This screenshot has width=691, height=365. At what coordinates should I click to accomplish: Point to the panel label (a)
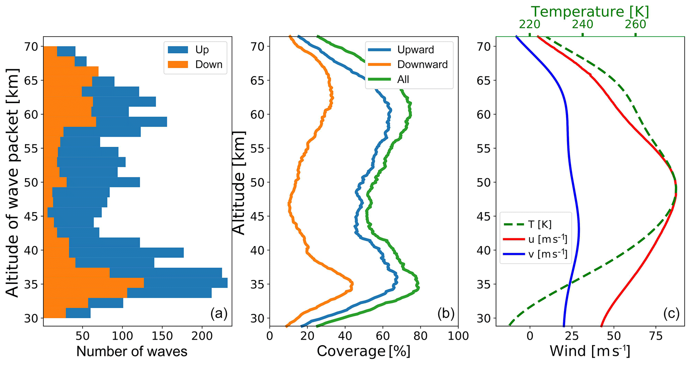coord(219,314)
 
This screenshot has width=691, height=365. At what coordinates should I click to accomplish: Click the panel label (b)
coord(446,314)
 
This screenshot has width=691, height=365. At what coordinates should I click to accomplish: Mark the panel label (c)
coord(671,314)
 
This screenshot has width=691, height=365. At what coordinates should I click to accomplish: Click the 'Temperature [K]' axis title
coord(590,12)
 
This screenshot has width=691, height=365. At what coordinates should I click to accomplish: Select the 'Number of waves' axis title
coord(132,352)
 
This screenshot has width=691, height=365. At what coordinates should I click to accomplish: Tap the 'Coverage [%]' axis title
coord(363,352)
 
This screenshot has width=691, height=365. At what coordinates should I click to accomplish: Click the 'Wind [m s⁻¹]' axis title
coord(590,352)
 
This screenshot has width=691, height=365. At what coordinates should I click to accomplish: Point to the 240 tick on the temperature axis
coord(582,24)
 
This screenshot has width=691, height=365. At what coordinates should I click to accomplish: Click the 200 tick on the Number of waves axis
coord(202,336)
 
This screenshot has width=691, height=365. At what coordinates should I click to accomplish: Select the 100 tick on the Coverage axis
coord(458,336)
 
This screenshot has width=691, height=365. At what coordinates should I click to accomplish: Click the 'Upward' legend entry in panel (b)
coord(416,50)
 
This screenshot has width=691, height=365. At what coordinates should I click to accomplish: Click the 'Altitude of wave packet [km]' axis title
coord(13,182)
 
